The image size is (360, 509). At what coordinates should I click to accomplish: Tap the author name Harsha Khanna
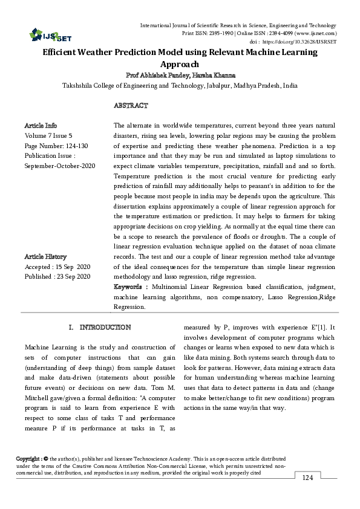[x=212, y=76]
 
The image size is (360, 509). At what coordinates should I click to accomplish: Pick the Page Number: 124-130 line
[x=56, y=146]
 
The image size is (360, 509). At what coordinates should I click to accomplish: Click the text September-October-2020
[x=60, y=165]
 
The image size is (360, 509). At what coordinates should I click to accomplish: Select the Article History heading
[x=45, y=256]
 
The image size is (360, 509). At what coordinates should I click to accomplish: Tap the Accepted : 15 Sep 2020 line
[x=57, y=267]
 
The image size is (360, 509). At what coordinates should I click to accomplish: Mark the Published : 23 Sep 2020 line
[x=57, y=276]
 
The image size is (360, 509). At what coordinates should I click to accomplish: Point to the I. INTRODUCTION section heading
[x=100, y=327]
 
